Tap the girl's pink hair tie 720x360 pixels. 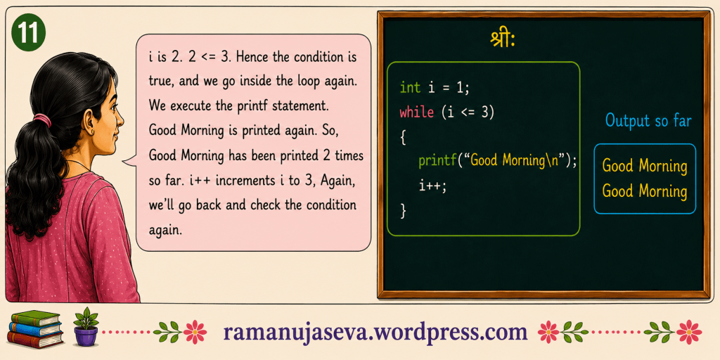pyautogui.click(x=42, y=120)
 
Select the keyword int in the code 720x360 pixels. pyautogui.click(x=410, y=88)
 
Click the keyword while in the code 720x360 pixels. pyautogui.click(x=417, y=112)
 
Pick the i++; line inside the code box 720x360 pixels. pyautogui.click(x=432, y=186)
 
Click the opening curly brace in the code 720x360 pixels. pyautogui.click(x=403, y=137)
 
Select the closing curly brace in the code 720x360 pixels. pyautogui.click(x=403, y=210)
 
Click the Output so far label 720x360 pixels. pyautogui.click(x=648, y=120)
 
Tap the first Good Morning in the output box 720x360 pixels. pyautogui.click(x=644, y=166)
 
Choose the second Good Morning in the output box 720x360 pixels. pyautogui.click(x=644, y=191)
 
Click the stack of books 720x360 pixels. pyautogui.click(x=35, y=329)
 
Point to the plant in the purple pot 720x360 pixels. pyautogui.click(x=86, y=326)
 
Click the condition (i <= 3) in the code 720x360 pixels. pyautogui.click(x=468, y=112)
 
